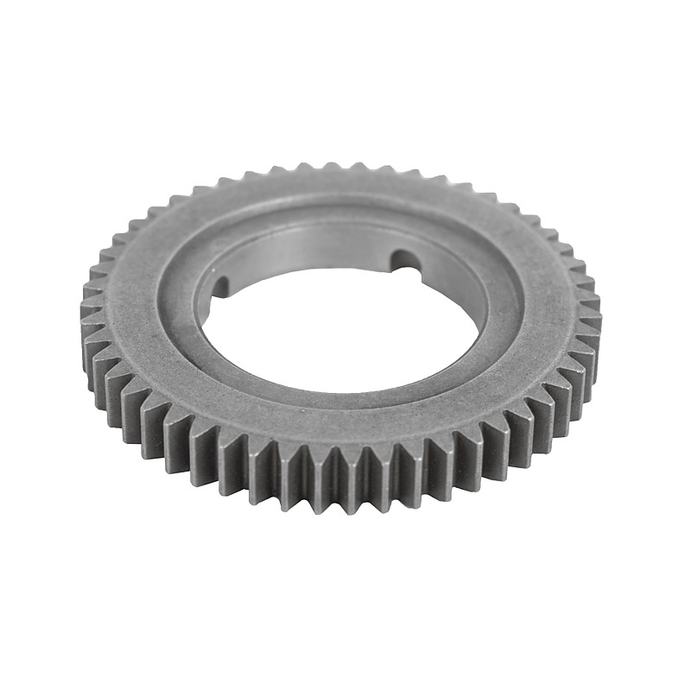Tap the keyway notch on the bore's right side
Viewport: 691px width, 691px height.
[404, 260]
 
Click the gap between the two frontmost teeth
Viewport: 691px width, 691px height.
[345, 466]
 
